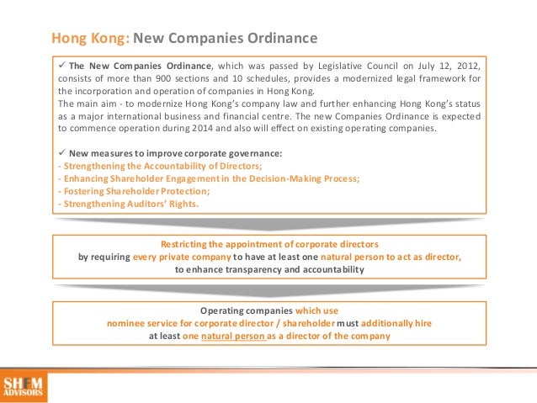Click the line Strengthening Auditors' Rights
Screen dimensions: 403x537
pyautogui.click(x=125, y=203)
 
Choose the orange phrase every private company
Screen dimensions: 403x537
pyautogui.click(x=182, y=257)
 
